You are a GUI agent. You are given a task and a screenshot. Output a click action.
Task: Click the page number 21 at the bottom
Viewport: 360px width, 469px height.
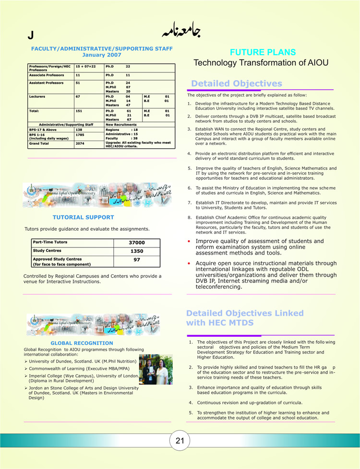(180, 441)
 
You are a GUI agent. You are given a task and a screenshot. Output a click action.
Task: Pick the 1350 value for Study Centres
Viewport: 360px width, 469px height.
(137, 251)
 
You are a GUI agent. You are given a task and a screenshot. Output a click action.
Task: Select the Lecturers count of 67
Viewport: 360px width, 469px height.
(78, 96)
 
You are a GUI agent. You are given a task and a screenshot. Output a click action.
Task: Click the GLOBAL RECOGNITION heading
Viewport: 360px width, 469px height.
(82, 343)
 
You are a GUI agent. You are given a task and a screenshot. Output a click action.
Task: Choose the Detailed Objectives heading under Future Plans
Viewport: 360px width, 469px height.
(237, 83)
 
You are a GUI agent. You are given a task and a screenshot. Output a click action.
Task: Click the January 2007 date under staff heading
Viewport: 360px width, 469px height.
(102, 55)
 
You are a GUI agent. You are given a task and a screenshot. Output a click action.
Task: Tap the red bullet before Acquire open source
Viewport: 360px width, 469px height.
(190, 263)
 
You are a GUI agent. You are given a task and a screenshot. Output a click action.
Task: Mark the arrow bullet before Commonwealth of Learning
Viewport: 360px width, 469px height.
(26, 368)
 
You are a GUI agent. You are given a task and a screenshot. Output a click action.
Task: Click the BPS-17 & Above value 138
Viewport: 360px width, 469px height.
(80, 129)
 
